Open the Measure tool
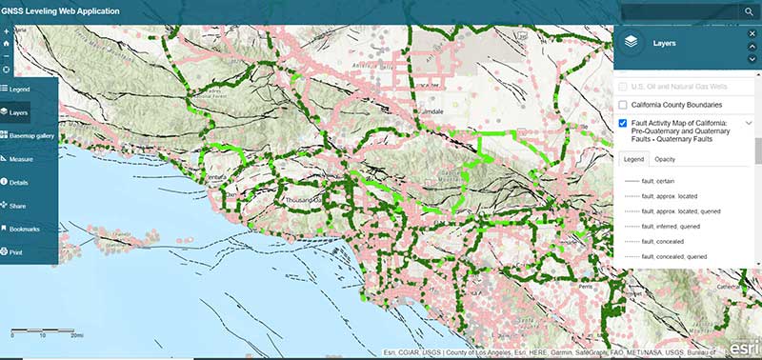pos(21,158)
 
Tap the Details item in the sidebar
pos(19,181)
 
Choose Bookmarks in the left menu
pos(24,229)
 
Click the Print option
pos(16,251)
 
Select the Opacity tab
pos(667,159)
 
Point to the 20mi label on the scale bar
pos(75,336)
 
